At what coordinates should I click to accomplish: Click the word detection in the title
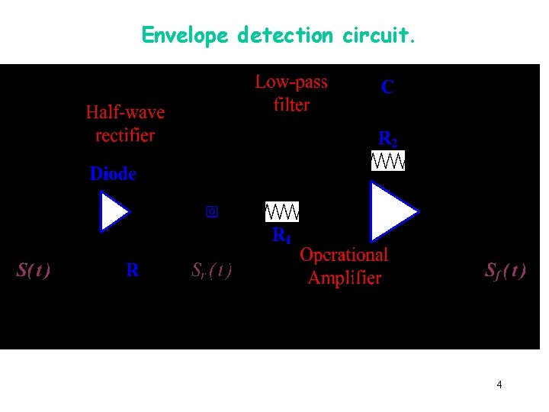coord(285,34)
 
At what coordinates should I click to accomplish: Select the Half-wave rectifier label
coord(125,124)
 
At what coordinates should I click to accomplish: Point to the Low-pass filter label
coord(291,93)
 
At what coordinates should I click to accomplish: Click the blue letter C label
coord(387,88)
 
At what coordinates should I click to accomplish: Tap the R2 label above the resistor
coord(388,139)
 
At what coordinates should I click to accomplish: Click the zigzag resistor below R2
coord(388,161)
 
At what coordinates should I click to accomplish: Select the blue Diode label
coord(113,174)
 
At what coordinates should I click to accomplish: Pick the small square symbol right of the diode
coord(212,212)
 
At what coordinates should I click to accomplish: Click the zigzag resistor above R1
coord(282,211)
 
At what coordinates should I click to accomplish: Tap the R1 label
coord(282,237)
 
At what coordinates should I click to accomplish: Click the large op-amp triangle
coord(391,211)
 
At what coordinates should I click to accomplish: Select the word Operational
coord(344,255)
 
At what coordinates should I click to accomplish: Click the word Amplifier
coord(344,277)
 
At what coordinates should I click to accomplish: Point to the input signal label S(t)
coord(34,270)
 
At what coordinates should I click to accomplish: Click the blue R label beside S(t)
coord(133,270)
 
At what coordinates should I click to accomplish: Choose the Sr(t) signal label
coord(211,270)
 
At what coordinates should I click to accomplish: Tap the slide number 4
coord(499,385)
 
